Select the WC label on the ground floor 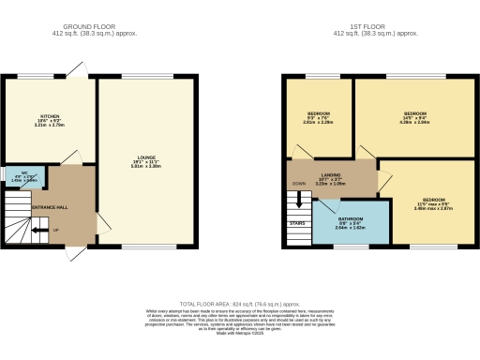point(16,173)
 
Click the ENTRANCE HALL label point(49,206)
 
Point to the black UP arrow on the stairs point(39,229)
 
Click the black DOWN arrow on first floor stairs point(299,199)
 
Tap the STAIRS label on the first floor point(297,223)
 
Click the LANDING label point(330,174)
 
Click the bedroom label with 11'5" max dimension point(433,203)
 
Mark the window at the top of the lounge point(140,76)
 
